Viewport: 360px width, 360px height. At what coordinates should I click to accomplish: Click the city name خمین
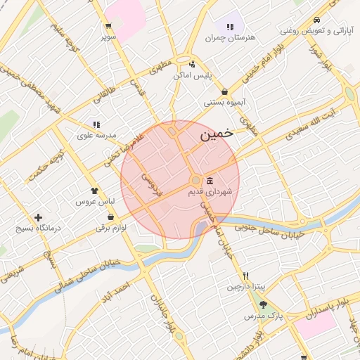point(214,136)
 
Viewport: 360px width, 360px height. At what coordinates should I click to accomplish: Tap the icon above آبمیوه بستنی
point(224,91)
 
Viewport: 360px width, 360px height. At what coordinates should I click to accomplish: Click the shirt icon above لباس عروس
point(95,191)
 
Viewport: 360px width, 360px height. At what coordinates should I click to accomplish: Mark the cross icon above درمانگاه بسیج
point(38,218)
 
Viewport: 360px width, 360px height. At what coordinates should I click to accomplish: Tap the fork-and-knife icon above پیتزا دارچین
point(245,276)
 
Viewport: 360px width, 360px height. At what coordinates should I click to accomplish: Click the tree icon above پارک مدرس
point(264,304)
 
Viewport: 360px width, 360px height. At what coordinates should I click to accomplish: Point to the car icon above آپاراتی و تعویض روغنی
point(318,20)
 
